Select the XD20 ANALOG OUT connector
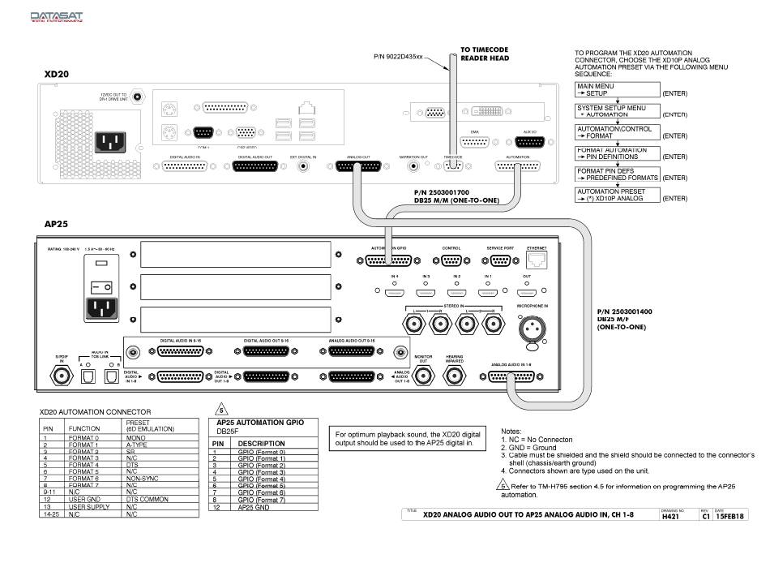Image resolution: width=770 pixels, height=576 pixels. pyautogui.click(x=357, y=166)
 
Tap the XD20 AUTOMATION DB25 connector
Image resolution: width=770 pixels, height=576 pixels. pyautogui.click(x=518, y=166)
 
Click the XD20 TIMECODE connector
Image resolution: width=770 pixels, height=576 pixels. pyautogui.click(x=452, y=166)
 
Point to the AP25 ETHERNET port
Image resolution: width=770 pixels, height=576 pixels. pyautogui.click(x=537, y=260)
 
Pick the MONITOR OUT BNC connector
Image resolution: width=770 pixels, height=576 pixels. pyautogui.click(x=423, y=376)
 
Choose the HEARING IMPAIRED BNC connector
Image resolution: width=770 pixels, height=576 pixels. pyautogui.click(x=453, y=376)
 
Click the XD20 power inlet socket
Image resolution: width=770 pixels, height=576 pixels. pyautogui.click(x=110, y=142)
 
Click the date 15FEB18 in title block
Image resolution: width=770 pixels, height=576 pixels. pyautogui.click(x=730, y=516)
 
